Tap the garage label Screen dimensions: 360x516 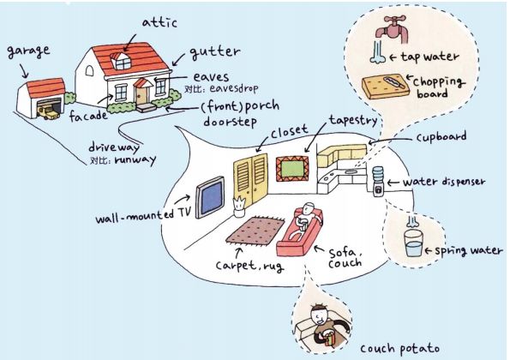click(27, 50)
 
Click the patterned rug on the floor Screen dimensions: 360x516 click(255, 231)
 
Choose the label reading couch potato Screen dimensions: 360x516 click(398, 347)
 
